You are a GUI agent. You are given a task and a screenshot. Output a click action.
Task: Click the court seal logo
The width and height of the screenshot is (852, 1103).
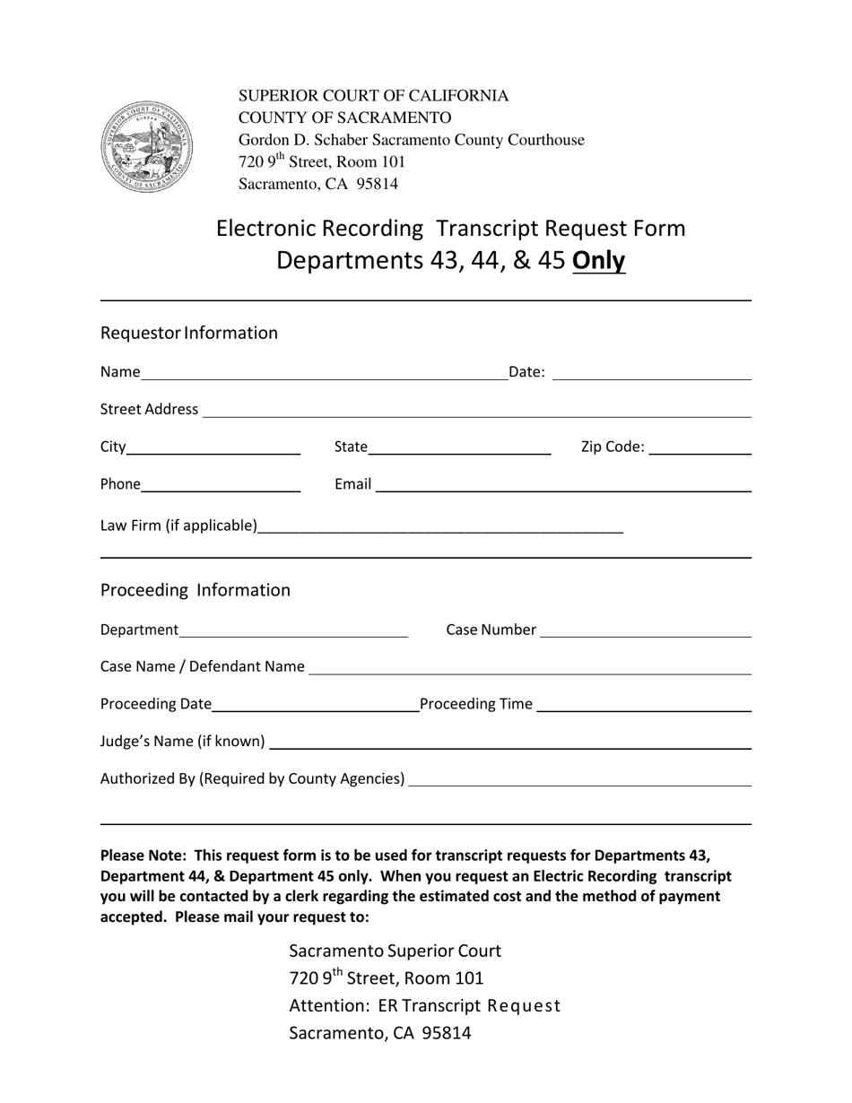pyautogui.click(x=147, y=147)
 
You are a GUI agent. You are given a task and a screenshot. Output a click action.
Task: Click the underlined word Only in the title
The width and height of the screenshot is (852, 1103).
pyautogui.click(x=599, y=260)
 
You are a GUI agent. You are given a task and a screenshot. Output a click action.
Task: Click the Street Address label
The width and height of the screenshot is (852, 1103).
pyautogui.click(x=149, y=409)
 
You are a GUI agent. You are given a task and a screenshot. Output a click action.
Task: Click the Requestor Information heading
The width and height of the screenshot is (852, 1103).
pyautogui.click(x=189, y=333)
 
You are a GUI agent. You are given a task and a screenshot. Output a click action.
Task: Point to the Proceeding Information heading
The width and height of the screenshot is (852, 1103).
pyautogui.click(x=196, y=590)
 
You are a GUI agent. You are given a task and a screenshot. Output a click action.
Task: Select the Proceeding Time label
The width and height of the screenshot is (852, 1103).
pyautogui.click(x=476, y=704)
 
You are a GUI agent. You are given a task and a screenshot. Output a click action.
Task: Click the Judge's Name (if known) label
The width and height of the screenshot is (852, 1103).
pyautogui.click(x=182, y=742)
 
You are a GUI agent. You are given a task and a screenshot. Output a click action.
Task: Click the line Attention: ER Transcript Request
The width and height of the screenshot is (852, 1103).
pyautogui.click(x=424, y=1005)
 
